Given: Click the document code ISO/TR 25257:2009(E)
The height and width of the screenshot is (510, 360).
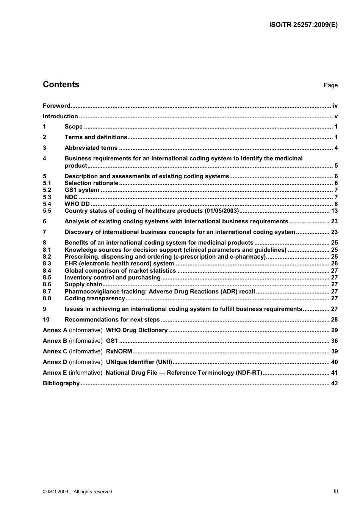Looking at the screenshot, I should tap(303, 25).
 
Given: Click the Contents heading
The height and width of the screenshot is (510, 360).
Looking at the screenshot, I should tap(61, 85).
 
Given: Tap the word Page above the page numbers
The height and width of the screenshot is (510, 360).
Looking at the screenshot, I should tap(330, 85).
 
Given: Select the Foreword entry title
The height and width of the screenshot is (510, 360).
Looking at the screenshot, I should tap(56, 106).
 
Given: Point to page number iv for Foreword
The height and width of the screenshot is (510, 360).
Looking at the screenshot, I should tap(335, 106).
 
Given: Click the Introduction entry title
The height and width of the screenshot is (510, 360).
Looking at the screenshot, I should tap(60, 116).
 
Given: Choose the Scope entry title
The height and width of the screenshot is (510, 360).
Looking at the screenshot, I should tap(74, 127).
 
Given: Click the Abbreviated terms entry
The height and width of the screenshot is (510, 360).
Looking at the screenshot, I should tap(91, 148).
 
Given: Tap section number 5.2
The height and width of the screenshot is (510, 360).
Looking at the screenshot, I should tap(47, 190).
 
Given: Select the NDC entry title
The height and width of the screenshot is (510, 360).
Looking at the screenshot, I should tap(71, 197).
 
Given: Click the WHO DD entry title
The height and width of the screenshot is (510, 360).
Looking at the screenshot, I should tap(77, 204).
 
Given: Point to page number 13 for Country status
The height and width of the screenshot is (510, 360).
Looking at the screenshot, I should tap(334, 211).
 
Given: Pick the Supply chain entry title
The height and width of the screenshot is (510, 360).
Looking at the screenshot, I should tap(83, 284).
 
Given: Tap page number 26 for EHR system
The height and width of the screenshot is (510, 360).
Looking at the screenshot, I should tap(334, 264).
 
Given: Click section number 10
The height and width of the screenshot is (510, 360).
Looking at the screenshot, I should tap(46, 320).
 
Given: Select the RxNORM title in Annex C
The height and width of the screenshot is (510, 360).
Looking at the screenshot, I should tap(119, 352).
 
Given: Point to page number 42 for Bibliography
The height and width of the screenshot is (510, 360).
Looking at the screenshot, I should tap(334, 383).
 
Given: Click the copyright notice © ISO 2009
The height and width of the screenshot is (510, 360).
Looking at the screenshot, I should tap(77, 492).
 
